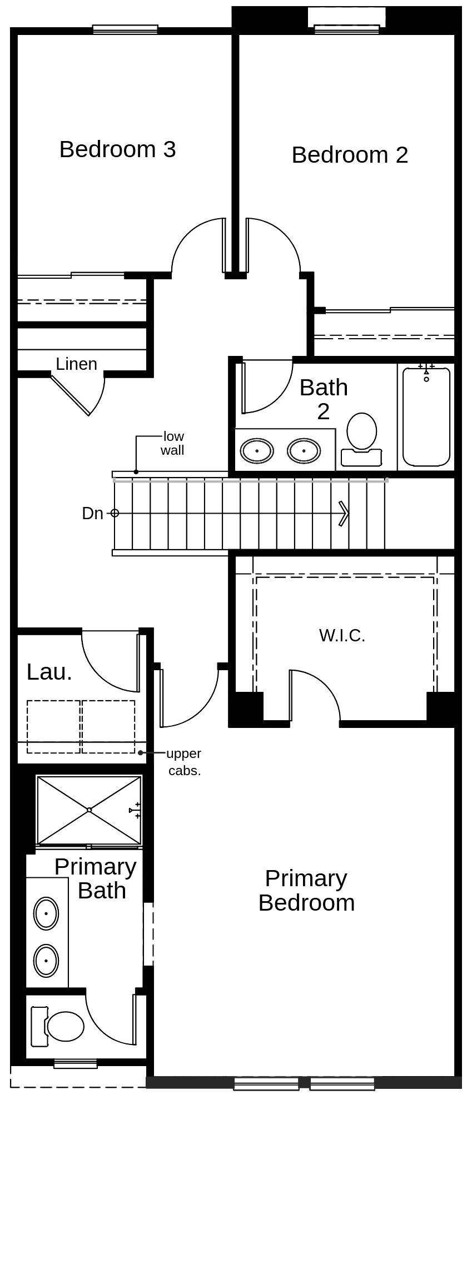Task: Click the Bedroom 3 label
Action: pyautogui.click(x=117, y=149)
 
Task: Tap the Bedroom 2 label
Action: pyautogui.click(x=350, y=155)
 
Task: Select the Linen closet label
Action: pyautogui.click(x=76, y=364)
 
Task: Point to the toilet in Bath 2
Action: pyautogui.click(x=361, y=439)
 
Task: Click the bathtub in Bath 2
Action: pyautogui.click(x=426, y=416)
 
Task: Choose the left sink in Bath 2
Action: pyautogui.click(x=257, y=450)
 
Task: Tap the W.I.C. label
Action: pyautogui.click(x=342, y=635)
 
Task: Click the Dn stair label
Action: pyautogui.click(x=92, y=514)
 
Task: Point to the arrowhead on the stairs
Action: pyautogui.click(x=344, y=514)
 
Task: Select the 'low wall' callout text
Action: pyautogui.click(x=172, y=443)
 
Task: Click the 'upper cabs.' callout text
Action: pyautogui.click(x=184, y=762)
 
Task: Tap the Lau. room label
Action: pyautogui.click(x=49, y=672)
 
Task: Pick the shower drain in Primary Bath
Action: pyautogui.click(x=89, y=810)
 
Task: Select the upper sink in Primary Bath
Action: pyautogui.click(x=46, y=913)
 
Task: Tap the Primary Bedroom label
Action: pyautogui.click(x=306, y=891)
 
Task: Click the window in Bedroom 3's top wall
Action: pyautogui.click(x=125, y=29)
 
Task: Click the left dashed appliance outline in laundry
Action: pyautogui.click(x=54, y=727)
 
